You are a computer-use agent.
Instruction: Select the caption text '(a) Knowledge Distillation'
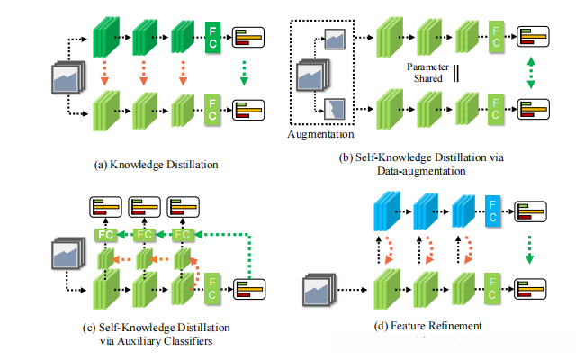pyautogui.click(x=149, y=165)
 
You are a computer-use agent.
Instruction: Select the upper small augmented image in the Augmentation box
pyautogui.click(x=335, y=39)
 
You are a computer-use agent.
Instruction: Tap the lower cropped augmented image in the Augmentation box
pyautogui.click(x=335, y=109)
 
